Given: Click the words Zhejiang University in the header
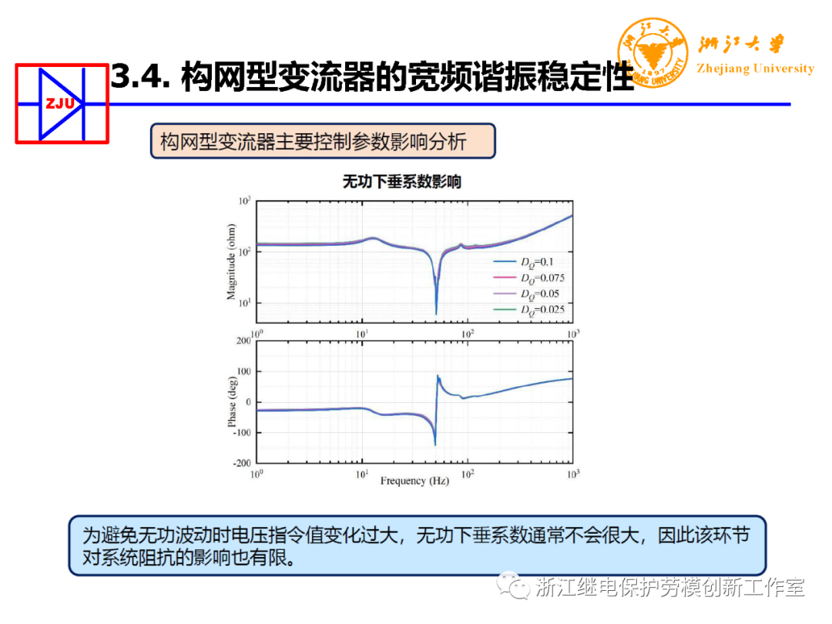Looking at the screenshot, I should (x=755, y=69).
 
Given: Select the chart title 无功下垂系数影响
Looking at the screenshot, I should (x=401, y=182).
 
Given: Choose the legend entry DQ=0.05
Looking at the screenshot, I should (x=538, y=294).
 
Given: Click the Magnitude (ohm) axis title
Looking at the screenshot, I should (x=231, y=261).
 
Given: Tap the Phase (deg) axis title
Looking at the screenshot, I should (x=232, y=401).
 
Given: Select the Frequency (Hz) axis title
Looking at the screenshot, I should (x=414, y=481).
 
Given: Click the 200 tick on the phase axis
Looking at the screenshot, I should (x=244, y=340).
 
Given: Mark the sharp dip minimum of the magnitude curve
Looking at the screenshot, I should (x=436, y=313).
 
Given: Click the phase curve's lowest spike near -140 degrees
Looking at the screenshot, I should (x=435, y=445).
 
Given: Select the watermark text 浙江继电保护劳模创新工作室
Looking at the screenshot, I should (x=669, y=587).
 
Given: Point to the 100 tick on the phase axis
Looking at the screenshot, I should (x=244, y=371).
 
